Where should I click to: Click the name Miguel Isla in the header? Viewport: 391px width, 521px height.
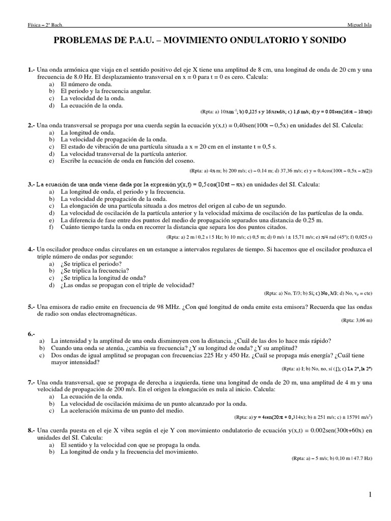pyautogui.click(x=359, y=25)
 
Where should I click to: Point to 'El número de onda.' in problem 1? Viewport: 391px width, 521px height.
pyautogui.click(x=85, y=84)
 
